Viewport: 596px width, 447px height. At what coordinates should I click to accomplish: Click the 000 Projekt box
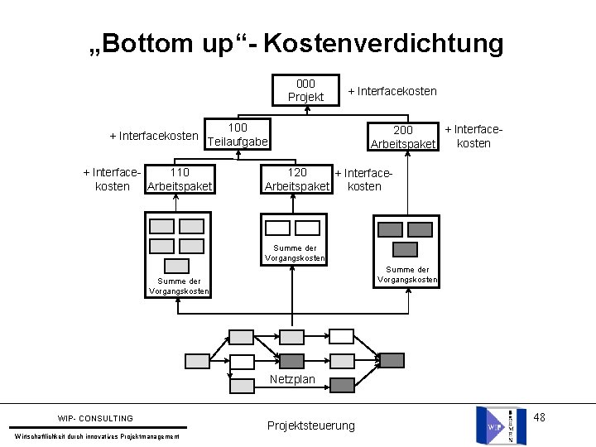305,90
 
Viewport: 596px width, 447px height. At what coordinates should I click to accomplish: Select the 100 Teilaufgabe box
238,135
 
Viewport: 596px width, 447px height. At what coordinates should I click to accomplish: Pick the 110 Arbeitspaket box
179,179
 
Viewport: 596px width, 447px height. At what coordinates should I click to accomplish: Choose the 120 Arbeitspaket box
296,179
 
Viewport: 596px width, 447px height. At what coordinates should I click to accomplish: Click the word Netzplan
293,380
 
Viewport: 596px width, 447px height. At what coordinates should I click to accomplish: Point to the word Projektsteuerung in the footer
310,425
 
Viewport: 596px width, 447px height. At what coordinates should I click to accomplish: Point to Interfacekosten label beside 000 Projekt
392,91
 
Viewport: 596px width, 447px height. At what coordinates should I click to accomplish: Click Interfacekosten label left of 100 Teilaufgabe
154,136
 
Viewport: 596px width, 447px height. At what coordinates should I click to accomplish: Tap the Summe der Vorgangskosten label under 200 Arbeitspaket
406,274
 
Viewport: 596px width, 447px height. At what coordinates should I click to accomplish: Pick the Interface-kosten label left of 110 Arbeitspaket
113,179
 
